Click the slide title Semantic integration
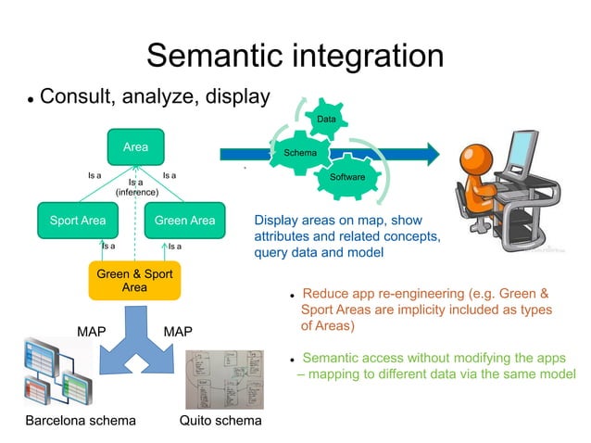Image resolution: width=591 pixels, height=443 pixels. [x=295, y=55]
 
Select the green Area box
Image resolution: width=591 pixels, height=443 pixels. [x=135, y=146]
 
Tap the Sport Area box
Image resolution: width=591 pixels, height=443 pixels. [x=78, y=221]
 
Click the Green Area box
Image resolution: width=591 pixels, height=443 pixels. [x=184, y=221]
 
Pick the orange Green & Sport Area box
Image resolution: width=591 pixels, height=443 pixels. [x=134, y=281]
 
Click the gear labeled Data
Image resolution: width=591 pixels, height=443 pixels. [x=326, y=120]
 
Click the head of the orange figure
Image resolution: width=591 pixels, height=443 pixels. [x=476, y=157]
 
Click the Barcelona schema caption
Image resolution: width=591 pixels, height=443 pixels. [x=81, y=421]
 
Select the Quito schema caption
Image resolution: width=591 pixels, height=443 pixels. [x=220, y=421]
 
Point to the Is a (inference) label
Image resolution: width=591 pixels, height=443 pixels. [x=136, y=187]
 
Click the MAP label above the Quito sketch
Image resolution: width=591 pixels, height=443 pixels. [x=178, y=331]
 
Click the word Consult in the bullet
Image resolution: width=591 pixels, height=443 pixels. [x=77, y=96]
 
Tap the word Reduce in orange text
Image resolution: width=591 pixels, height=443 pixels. [x=326, y=294]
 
